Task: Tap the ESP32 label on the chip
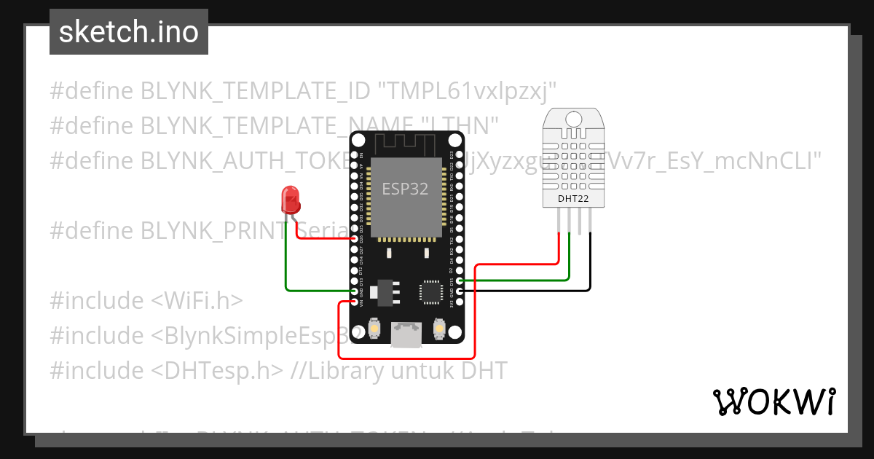405,189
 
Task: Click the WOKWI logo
773,401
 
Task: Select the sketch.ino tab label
128,32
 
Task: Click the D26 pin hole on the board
355,239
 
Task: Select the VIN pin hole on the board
355,302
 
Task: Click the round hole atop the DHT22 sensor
573,118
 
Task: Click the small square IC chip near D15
430,291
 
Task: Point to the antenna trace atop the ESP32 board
406,141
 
